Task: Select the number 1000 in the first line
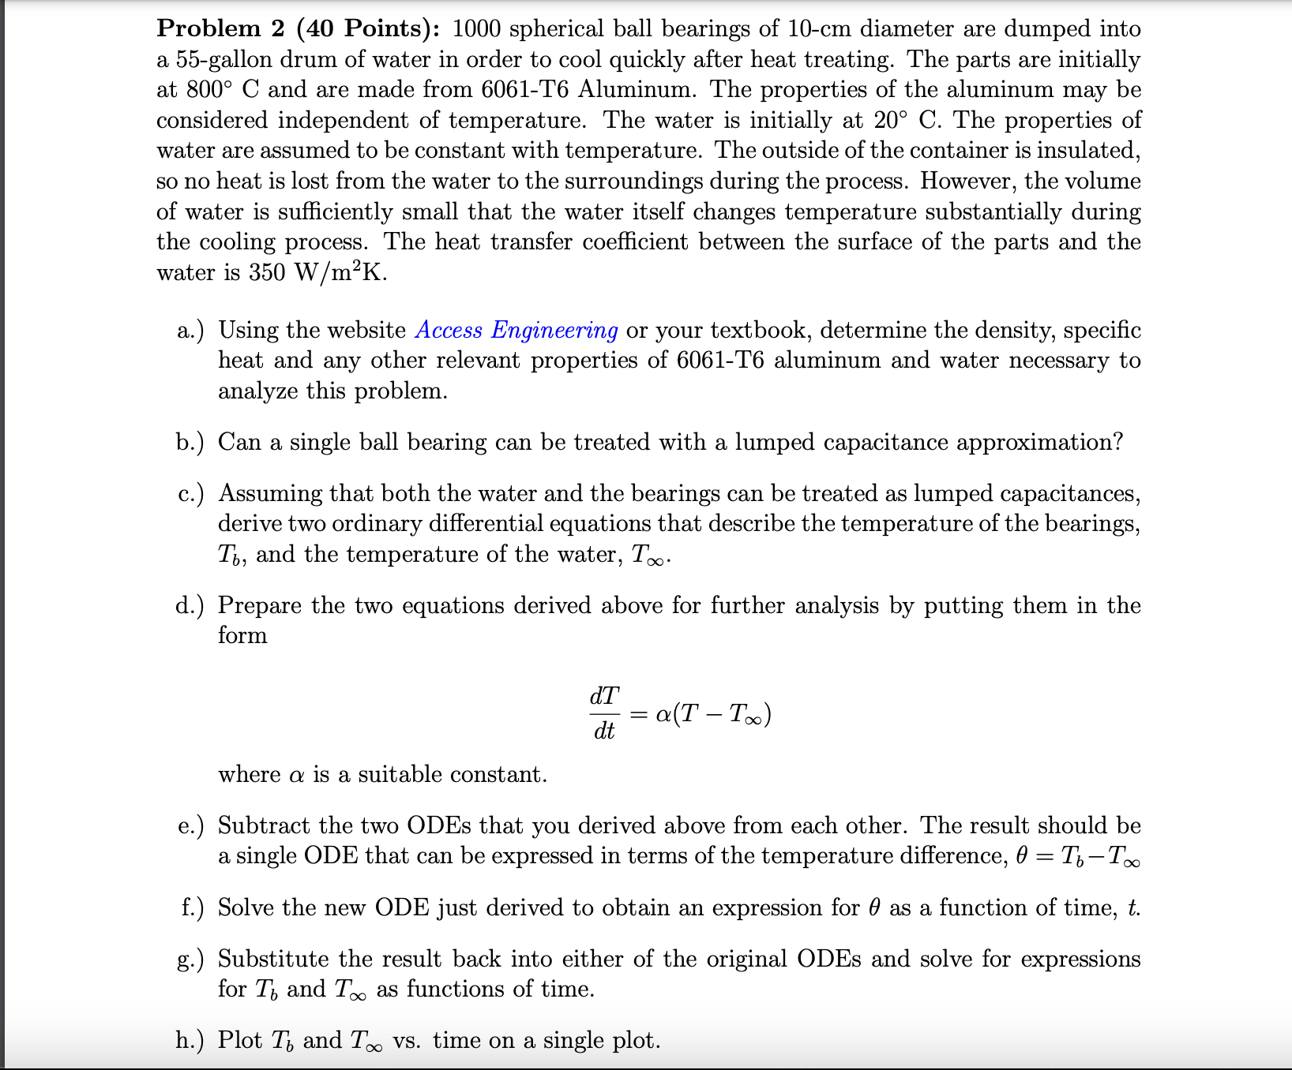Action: tap(476, 28)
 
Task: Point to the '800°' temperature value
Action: tap(208, 89)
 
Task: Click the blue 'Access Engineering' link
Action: tap(516, 330)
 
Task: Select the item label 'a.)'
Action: tap(190, 330)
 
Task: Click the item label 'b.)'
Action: tap(190, 442)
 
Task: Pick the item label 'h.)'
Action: tap(190, 1040)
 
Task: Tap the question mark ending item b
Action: tap(1117, 442)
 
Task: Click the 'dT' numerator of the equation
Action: tap(604, 696)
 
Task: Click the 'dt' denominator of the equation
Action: tap(604, 731)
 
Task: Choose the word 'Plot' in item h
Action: tap(239, 1040)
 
